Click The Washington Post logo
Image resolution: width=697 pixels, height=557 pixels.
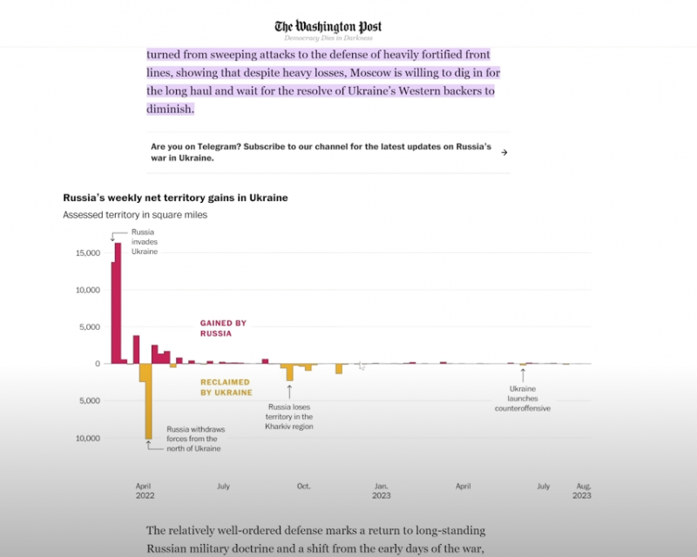click(x=328, y=27)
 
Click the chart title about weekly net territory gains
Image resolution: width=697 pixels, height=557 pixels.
click(x=175, y=198)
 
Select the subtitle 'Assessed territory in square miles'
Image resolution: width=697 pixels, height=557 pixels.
click(x=135, y=215)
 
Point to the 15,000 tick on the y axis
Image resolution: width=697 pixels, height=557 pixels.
click(x=88, y=252)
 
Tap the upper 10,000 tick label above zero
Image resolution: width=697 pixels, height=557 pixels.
click(x=88, y=290)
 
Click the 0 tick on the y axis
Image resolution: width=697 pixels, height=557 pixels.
click(x=97, y=364)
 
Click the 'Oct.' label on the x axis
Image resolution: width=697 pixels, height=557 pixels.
click(x=303, y=486)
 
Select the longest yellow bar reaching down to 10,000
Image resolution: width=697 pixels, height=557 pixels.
click(x=148, y=401)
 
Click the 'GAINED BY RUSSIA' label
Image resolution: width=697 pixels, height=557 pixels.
click(x=223, y=328)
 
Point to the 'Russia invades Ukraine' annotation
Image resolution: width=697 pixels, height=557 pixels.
click(x=145, y=241)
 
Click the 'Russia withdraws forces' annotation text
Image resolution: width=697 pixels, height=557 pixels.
click(x=193, y=439)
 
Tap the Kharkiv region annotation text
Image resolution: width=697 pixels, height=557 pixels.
click(x=290, y=417)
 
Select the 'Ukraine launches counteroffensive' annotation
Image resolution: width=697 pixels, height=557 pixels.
click(x=523, y=399)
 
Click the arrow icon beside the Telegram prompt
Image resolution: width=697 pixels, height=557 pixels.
click(x=504, y=152)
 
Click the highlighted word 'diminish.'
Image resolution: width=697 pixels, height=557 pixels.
click(x=170, y=109)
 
